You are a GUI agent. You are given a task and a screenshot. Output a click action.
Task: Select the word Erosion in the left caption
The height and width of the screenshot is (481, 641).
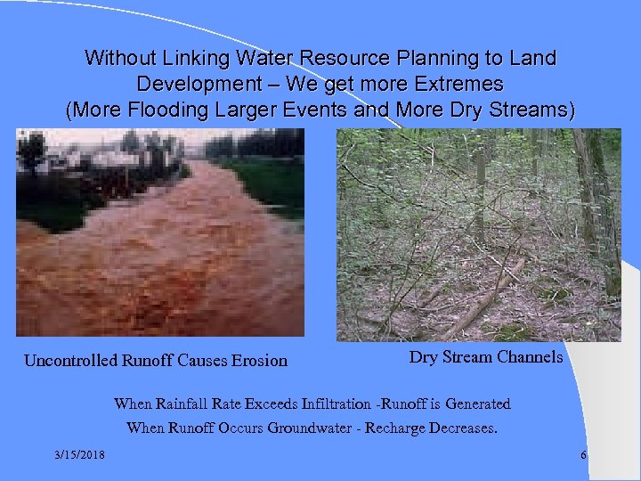point(258,361)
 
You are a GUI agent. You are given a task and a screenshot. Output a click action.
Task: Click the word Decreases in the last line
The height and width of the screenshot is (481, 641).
point(459,428)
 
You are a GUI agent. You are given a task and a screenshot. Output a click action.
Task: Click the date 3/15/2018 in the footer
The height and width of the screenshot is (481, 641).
point(78,456)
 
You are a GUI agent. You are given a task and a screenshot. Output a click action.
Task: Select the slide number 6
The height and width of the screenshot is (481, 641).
point(583,456)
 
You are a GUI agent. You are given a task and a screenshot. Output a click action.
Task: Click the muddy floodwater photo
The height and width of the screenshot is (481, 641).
point(160,232)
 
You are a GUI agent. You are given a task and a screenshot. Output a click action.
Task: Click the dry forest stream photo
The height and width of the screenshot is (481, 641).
point(478,235)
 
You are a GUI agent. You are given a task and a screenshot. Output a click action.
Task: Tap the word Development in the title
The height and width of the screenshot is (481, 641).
point(191,85)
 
